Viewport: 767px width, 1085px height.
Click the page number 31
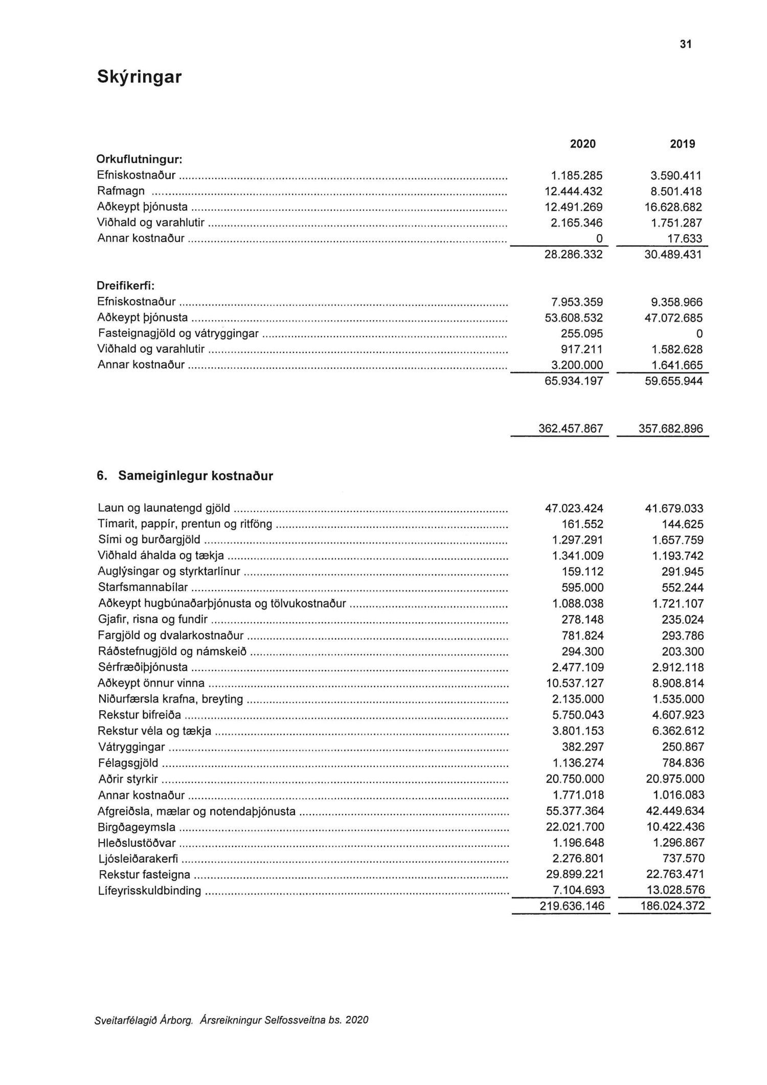[x=686, y=44]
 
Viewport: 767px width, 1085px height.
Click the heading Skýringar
[x=139, y=77]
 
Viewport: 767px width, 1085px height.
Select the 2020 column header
[x=583, y=144]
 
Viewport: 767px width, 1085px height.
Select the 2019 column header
[x=683, y=144]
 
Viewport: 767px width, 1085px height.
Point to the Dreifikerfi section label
[x=126, y=286]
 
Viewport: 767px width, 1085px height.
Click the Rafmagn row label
[x=121, y=191]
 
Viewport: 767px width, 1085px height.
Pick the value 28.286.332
[x=574, y=255]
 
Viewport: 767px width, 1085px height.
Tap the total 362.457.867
[x=571, y=428]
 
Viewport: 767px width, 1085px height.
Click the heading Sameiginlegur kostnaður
[x=195, y=476]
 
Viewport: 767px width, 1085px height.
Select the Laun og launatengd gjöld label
[x=164, y=508]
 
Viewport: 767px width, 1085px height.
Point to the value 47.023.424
[x=574, y=508]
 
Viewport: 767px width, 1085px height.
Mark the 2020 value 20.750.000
[x=575, y=779]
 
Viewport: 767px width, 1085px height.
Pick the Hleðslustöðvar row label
[x=137, y=843]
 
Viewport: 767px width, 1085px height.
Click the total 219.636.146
[x=572, y=906]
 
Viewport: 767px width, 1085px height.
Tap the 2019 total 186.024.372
[x=671, y=906]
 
